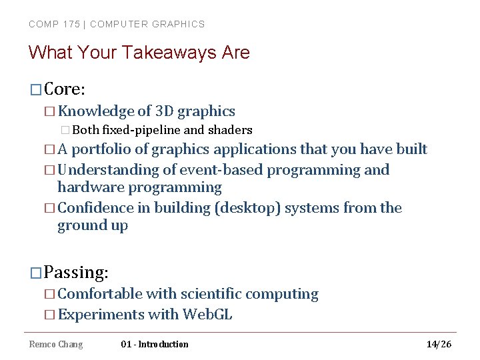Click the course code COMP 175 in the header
[x=54, y=24]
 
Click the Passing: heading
[x=76, y=273]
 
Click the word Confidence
[x=95, y=208]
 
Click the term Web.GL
[x=207, y=315]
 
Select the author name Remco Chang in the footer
[x=56, y=344]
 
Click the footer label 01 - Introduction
[x=155, y=344]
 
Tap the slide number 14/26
[x=439, y=344]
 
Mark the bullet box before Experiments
[x=51, y=315]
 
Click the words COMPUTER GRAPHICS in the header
[x=147, y=24]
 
